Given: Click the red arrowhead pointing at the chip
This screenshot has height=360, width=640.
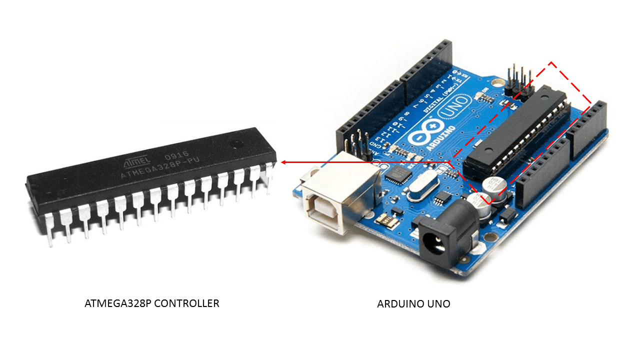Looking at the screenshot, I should (283, 162).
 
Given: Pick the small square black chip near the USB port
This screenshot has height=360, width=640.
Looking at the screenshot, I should (399, 174).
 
